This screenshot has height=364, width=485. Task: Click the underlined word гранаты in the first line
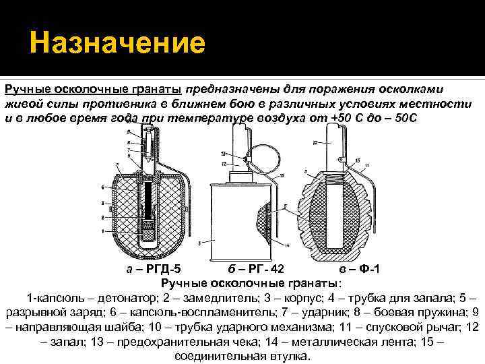(160, 89)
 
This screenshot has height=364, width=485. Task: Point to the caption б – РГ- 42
(251, 270)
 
